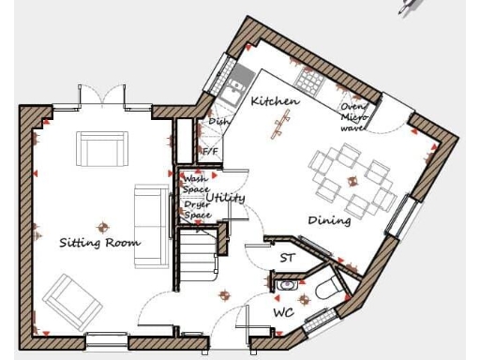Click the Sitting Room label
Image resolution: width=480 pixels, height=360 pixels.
coord(99,243)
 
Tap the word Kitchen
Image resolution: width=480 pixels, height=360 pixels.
coord(275,101)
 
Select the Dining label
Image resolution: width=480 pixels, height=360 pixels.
coord(329,221)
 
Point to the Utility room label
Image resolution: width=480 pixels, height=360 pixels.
coord(226,198)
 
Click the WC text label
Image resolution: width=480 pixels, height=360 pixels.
coord(284,311)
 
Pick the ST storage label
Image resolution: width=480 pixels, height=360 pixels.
coord(288,256)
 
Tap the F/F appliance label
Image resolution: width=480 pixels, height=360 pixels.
coord(211,151)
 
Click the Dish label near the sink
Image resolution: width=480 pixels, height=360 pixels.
coord(218,121)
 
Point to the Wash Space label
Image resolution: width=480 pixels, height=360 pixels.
coord(195,184)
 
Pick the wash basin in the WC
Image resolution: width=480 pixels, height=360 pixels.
coord(286,283)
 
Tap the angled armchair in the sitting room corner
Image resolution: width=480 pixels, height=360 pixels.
coord(68,298)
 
